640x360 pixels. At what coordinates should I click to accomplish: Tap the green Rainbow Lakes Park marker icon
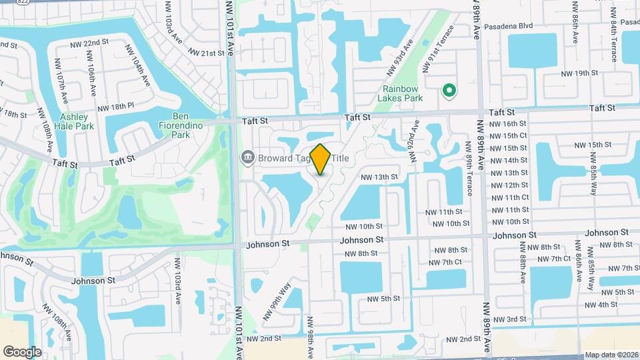click(449, 90)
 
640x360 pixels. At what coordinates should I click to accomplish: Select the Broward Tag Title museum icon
click(247, 157)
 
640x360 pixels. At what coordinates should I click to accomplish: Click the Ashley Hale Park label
click(73, 121)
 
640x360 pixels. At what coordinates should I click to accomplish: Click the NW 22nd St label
click(89, 43)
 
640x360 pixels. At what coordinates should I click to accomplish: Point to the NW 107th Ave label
click(61, 88)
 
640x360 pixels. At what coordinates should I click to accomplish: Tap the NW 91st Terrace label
click(437, 49)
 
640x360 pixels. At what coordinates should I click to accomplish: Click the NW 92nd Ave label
click(415, 142)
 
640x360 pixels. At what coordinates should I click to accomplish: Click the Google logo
click(23, 351)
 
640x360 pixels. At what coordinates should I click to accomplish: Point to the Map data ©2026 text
click(611, 355)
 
